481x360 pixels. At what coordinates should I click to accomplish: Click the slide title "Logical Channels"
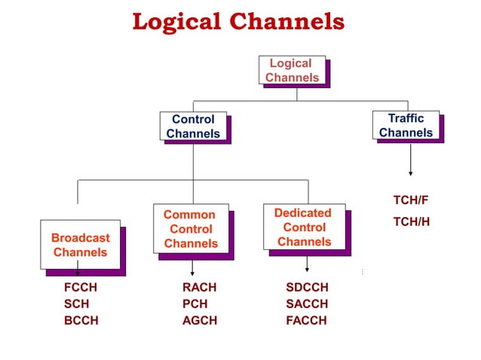(238, 22)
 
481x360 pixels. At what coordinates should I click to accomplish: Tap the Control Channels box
(193, 127)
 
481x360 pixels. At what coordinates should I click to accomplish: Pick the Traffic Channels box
(406, 125)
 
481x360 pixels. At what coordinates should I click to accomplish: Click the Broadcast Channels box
(80, 245)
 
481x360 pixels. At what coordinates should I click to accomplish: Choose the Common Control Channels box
(190, 229)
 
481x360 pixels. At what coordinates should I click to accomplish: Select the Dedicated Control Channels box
(304, 227)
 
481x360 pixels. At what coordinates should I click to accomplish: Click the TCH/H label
(412, 222)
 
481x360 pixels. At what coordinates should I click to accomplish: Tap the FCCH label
(81, 287)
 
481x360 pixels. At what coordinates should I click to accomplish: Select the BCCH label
(81, 320)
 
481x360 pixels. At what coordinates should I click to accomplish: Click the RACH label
(199, 287)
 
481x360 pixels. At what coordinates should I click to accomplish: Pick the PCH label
(195, 304)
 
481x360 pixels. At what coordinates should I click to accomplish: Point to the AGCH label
(199, 320)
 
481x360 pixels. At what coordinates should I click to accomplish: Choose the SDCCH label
(307, 287)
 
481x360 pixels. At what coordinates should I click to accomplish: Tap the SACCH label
(307, 304)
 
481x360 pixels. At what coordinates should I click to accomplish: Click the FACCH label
(306, 320)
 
